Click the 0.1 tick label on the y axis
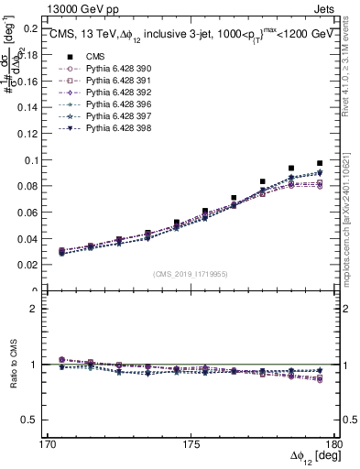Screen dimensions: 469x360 pyautogui.click(x=29, y=160)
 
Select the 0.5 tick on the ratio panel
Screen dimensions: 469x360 pyautogui.click(x=29, y=420)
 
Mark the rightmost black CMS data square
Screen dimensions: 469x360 pyautogui.click(x=320, y=163)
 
